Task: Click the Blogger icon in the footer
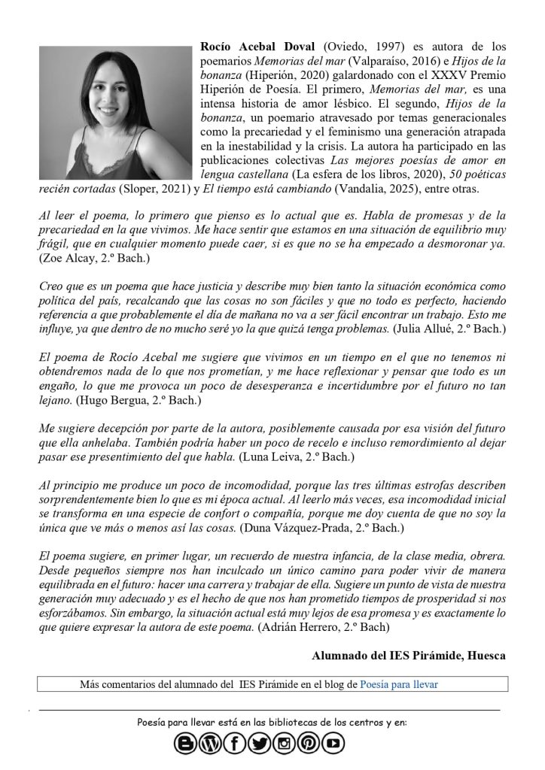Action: click(185, 744)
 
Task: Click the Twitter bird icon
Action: click(259, 744)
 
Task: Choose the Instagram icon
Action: click(284, 744)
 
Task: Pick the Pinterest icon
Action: click(309, 744)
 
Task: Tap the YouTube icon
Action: click(333, 744)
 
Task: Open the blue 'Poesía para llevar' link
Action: click(399, 684)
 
